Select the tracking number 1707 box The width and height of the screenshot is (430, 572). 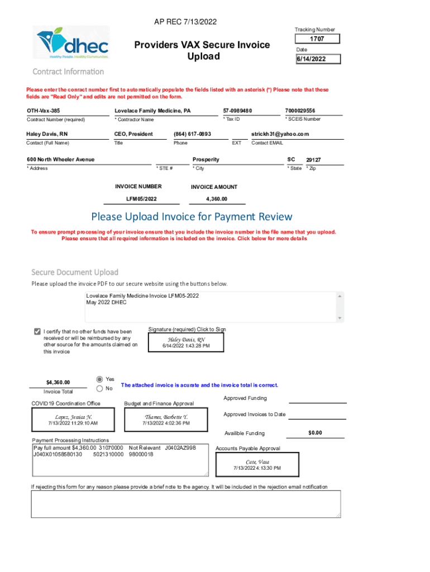[x=317, y=39]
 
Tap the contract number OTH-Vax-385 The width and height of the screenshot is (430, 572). [x=44, y=111]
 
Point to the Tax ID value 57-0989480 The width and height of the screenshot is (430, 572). [x=237, y=111]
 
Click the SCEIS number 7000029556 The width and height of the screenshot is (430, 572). [x=300, y=111]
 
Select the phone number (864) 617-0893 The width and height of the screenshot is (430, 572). [x=192, y=134]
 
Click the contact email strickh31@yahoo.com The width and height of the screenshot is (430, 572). [x=280, y=134]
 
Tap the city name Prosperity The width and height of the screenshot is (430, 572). [x=206, y=159]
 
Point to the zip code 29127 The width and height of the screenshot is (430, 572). [x=313, y=160]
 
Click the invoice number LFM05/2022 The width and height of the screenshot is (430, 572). [x=141, y=199]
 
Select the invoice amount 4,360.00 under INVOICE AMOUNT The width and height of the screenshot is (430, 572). [x=217, y=199]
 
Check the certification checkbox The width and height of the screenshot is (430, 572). [x=37, y=331]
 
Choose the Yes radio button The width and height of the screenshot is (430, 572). [x=100, y=378]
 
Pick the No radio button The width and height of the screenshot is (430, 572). [x=100, y=388]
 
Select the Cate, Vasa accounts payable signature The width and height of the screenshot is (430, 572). [x=257, y=464]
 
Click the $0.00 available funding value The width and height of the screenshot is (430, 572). [x=316, y=433]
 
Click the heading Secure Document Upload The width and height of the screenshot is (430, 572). [x=75, y=272]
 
